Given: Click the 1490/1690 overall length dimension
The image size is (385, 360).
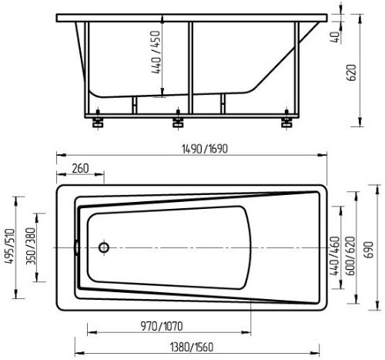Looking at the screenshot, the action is pos(205,149).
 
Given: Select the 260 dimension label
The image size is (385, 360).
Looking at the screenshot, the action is pos(80,169).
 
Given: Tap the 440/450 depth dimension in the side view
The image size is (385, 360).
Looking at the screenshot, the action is pos(156,52).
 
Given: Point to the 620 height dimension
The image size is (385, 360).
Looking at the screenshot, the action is pos(351,72).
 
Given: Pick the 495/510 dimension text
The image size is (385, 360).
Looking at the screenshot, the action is pos(11,246).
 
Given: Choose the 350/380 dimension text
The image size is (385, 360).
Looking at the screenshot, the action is pos(31,246).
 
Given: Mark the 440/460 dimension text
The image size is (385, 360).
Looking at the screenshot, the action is pos(335,256).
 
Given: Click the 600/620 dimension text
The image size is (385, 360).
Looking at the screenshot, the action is pos(351,256).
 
